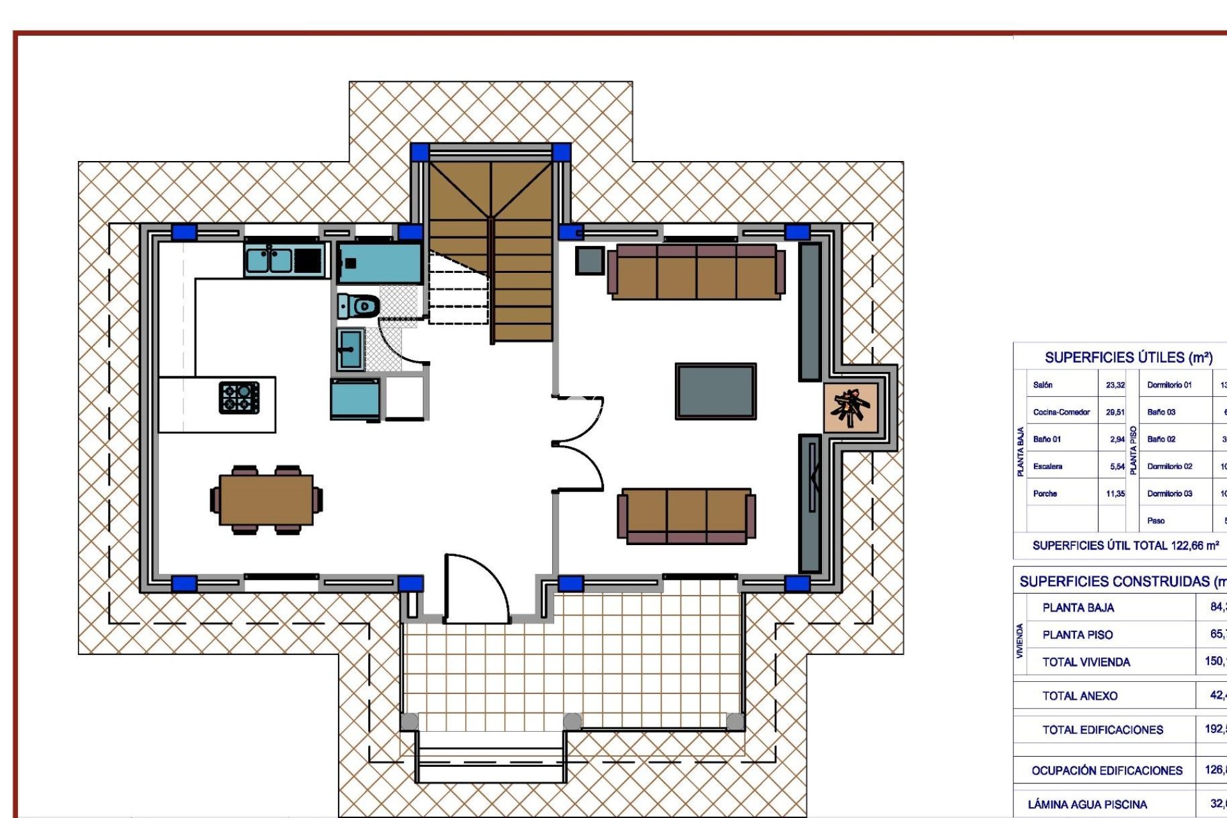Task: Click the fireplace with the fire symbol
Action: (x=851, y=407)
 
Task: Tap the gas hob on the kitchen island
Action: (x=239, y=397)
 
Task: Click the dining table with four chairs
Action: (x=266, y=500)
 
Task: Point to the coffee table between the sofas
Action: (x=716, y=391)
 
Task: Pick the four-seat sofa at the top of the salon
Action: (x=696, y=272)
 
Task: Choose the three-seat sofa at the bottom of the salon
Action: (x=686, y=516)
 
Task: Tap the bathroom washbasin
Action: (x=350, y=349)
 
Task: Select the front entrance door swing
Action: (x=476, y=588)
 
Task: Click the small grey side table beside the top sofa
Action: (x=589, y=260)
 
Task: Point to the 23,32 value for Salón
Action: (x=1115, y=385)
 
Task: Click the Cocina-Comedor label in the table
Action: (x=1061, y=412)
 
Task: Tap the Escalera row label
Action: (x=1047, y=467)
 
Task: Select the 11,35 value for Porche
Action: (x=1115, y=493)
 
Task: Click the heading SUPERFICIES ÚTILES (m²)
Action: (x=1129, y=357)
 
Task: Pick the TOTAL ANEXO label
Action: (x=1080, y=696)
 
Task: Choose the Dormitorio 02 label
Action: (x=1169, y=467)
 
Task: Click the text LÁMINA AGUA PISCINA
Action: (x=1087, y=804)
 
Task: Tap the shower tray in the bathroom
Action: (x=380, y=263)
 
